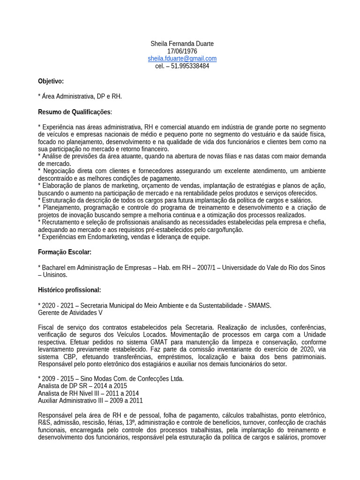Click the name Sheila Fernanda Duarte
pyautogui.click(x=182, y=44)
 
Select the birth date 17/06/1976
pyautogui.click(x=182, y=51)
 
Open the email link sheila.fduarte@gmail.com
pyautogui.click(x=182, y=59)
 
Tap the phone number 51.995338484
pyautogui.click(x=189, y=66)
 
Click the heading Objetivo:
pyautogui.click(x=51, y=81)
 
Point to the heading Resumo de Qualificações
pyautogui.click(x=75, y=112)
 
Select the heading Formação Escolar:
pyautogui.click(x=64, y=252)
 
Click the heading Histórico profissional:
pyautogui.click(x=69, y=290)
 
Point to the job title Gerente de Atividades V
pyautogui.click(x=70, y=313)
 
